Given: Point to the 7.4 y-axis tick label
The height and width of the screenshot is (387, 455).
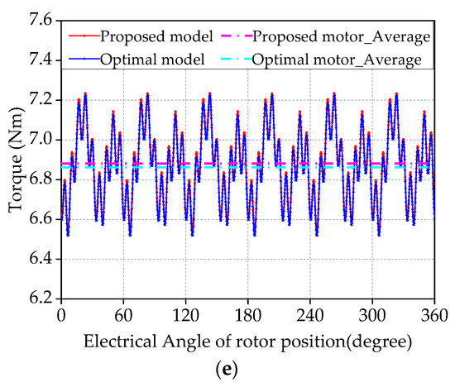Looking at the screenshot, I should [x=42, y=60].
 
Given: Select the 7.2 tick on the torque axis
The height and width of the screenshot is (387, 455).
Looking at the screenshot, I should [x=42, y=100].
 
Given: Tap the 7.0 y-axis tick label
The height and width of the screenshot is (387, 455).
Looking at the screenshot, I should [x=42, y=140].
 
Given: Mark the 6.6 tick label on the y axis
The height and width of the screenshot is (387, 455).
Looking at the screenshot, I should [x=42, y=219].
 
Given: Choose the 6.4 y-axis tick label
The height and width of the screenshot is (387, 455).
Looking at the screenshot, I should [x=42, y=259].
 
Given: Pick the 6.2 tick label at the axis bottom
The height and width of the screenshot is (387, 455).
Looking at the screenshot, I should [x=42, y=299].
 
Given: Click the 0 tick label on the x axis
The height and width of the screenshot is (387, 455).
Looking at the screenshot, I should [x=61, y=316].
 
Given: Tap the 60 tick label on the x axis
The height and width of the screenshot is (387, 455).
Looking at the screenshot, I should [x=123, y=316].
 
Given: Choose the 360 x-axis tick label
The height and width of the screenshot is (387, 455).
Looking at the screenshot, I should [x=429, y=316].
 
